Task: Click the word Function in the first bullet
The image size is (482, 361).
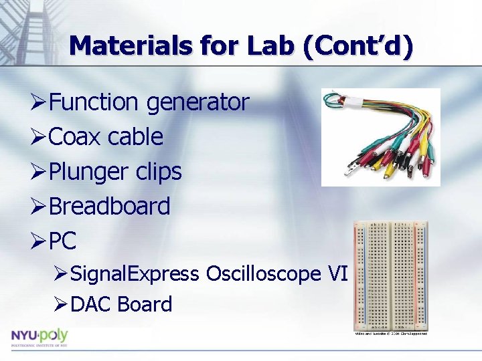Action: pos(94,102)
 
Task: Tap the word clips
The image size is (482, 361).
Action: pos(158,172)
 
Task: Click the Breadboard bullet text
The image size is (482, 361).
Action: pos(110,207)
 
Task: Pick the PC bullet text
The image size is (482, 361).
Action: pos(64,241)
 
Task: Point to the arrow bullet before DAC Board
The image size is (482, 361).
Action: pos(61,305)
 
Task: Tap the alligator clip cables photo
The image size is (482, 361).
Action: pos(380,137)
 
